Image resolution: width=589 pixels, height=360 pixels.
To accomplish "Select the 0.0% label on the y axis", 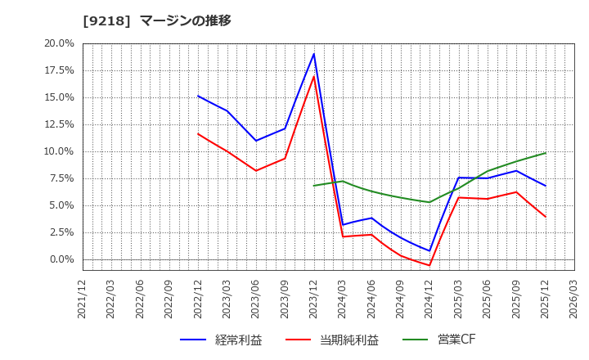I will tap(61, 259).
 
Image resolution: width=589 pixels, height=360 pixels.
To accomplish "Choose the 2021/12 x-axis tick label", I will tap(83, 298).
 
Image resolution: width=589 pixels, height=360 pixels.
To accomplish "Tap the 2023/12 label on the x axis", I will tap(314, 298).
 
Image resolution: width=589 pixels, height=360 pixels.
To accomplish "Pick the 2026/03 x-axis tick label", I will tap(574, 298).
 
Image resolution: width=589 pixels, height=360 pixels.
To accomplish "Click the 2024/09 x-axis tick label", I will tap(401, 298).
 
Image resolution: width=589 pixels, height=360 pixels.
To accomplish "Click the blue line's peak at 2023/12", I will tap(314, 54).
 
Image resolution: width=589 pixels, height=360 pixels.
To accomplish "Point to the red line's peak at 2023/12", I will tap(314, 76).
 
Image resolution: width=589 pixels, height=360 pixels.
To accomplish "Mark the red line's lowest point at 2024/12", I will tap(429, 265).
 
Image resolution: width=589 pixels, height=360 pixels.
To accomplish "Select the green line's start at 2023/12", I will tap(314, 186).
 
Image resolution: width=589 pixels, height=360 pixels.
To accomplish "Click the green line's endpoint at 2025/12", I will tap(546, 153).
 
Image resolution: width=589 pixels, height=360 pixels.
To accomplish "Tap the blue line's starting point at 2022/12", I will tap(198, 96).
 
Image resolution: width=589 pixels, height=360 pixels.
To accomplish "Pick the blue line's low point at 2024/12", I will tap(429, 251).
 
